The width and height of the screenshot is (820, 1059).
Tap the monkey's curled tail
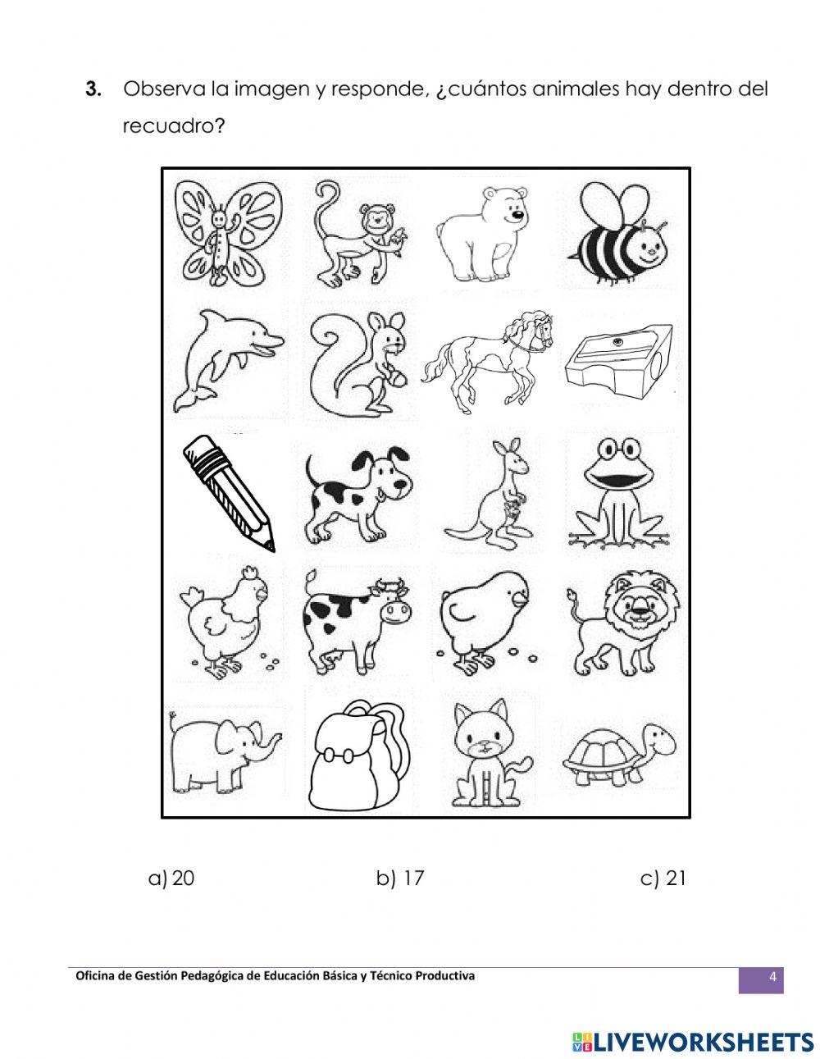coord(322,205)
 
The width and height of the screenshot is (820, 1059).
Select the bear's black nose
coord(517,213)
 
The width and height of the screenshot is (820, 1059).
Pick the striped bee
coord(622,232)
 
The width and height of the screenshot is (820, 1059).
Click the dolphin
coord(226,359)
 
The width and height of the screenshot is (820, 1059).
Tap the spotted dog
coord(357,495)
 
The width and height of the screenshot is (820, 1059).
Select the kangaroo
coord(488,494)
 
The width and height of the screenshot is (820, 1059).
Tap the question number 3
coord(93,89)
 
